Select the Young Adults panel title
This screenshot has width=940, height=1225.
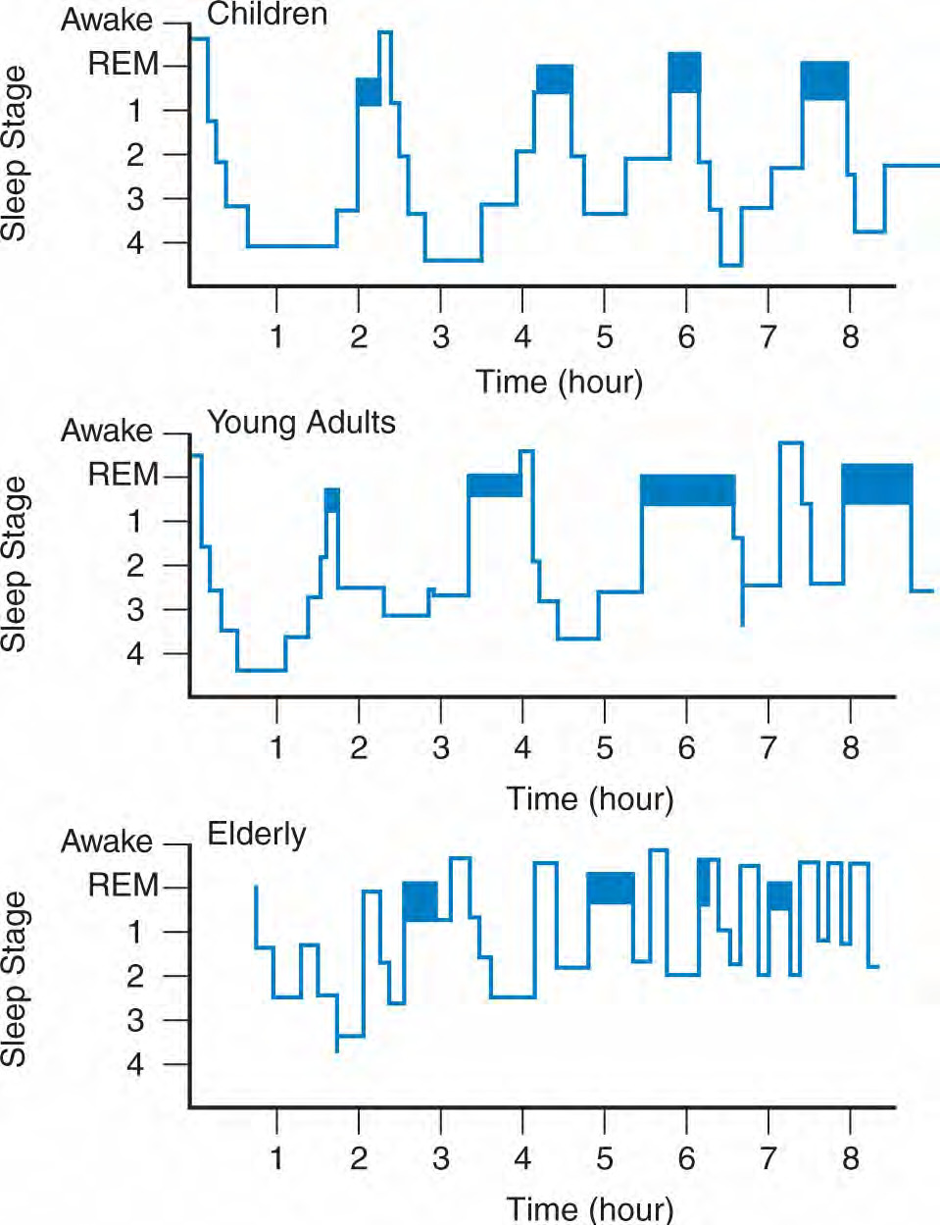(301, 423)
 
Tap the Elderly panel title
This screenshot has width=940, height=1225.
(256, 834)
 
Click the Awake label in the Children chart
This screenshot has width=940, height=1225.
(107, 20)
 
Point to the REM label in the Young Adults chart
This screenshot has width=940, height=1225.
(124, 474)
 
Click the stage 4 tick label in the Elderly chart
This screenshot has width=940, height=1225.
(134, 1065)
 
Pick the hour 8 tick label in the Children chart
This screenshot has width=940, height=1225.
(850, 337)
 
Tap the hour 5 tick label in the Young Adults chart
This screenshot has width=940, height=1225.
(605, 747)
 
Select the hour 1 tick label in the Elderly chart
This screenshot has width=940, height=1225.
(276, 1158)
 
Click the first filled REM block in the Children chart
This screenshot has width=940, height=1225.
(369, 91)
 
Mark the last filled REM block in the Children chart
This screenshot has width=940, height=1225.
(824, 80)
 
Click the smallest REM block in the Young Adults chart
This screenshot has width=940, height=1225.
(332, 500)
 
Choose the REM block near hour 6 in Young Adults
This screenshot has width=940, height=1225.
(688, 489)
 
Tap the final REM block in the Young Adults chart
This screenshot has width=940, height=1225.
(877, 484)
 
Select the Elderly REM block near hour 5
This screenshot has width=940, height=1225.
(611, 888)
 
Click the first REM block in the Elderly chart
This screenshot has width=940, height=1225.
(421, 901)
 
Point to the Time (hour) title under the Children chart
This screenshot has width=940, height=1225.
(559, 383)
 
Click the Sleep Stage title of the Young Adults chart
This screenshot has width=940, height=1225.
(14, 565)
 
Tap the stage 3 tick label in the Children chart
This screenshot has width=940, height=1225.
(135, 199)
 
